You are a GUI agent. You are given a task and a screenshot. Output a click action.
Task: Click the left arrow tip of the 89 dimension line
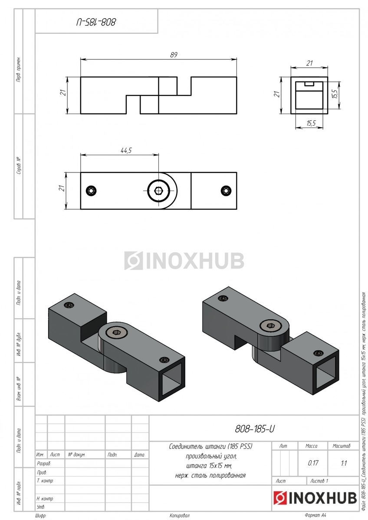(x=81, y=59)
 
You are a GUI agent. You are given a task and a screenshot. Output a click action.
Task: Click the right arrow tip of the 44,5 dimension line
(x=159, y=155)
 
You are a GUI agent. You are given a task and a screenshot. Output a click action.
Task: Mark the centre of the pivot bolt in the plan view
(x=159, y=191)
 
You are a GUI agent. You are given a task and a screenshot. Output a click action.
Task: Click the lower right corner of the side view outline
(x=237, y=114)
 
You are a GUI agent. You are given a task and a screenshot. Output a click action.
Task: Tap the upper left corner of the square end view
(x=291, y=77)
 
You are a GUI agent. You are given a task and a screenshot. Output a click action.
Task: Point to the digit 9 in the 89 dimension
(x=176, y=55)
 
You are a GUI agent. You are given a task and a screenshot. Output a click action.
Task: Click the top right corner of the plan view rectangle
(x=237, y=172)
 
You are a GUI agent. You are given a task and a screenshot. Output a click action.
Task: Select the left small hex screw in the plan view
(x=91, y=191)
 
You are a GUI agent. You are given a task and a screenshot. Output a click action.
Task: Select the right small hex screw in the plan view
(x=226, y=191)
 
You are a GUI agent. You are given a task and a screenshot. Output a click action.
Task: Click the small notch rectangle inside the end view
(x=309, y=84)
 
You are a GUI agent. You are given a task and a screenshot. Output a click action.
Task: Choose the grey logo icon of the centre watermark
(x=133, y=260)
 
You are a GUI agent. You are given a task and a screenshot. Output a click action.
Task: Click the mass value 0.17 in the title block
(x=313, y=463)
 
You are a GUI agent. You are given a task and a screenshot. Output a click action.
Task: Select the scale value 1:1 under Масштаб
(x=344, y=463)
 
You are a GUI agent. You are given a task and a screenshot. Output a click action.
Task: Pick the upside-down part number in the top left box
(x=96, y=22)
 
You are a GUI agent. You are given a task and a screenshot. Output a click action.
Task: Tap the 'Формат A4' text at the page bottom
(x=315, y=515)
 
